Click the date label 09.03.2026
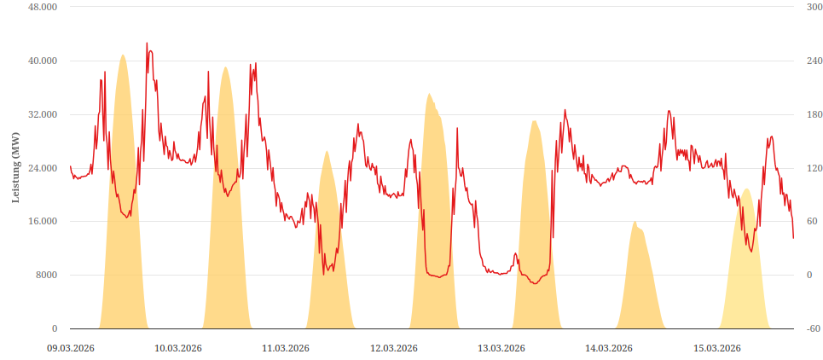[70, 348]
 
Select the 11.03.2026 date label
[286, 348]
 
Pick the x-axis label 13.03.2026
[501, 348]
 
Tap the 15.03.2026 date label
[716, 348]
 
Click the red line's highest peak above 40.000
[147, 43]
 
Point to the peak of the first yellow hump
[123, 55]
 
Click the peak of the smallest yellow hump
[635, 222]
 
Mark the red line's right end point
[793, 238]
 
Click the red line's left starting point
[70, 166]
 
